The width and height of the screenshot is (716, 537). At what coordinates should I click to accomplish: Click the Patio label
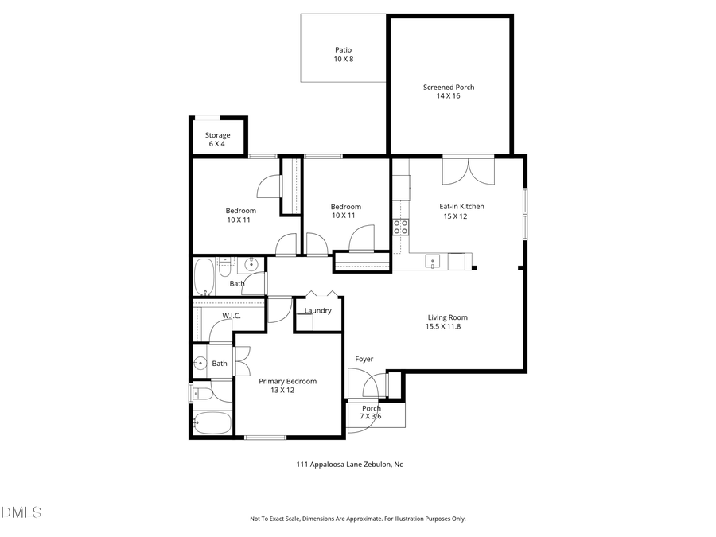pos(343,50)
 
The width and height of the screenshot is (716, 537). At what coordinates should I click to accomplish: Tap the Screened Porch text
pos(449,87)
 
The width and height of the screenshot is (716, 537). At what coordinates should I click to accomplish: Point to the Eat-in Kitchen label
pos(461,206)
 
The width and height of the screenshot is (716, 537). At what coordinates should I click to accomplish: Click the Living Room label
pos(447,317)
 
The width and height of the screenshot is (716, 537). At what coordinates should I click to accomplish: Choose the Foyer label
pos(364,359)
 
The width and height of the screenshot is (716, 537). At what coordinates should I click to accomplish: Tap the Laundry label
pos(317,310)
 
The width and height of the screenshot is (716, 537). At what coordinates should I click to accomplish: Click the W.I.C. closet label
pos(232,316)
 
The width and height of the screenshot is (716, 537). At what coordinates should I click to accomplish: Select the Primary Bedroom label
pos(287,381)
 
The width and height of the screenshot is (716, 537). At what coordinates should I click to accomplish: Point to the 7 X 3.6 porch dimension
pos(371,416)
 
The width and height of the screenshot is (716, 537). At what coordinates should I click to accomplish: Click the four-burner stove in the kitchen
pos(400,227)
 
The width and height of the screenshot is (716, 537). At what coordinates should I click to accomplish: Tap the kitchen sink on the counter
pos(433,260)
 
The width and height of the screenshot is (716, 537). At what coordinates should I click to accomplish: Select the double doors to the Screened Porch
pos(469,169)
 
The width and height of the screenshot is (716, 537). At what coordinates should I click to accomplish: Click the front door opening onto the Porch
pos(368,387)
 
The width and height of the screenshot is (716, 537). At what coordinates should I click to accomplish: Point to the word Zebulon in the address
pos(378,465)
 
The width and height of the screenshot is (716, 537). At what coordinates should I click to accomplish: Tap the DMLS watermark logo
pos(21,512)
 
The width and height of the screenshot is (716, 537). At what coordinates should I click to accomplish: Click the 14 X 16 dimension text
pos(449,95)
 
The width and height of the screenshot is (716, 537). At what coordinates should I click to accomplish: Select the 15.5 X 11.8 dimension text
pos(443,326)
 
